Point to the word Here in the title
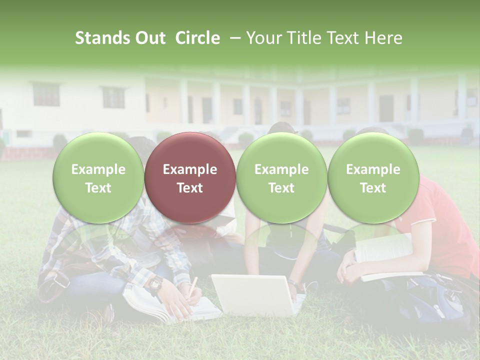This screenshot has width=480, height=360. (384, 38)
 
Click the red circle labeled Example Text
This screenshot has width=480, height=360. (190, 178)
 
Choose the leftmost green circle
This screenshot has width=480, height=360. (98, 178)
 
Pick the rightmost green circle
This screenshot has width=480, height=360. (373, 178)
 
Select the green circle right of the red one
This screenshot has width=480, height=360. (281, 178)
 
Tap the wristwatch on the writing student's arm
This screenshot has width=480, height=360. (155, 285)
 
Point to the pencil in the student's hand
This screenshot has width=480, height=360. (192, 285)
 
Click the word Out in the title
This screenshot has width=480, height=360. (150, 38)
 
